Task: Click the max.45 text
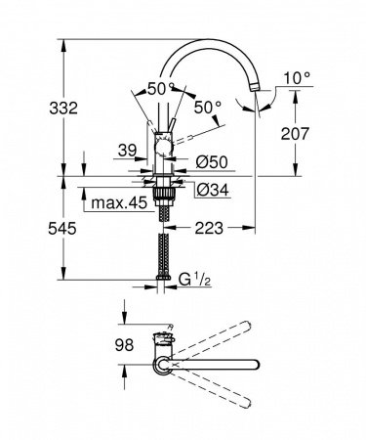coord(118,203)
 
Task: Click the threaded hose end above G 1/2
coord(163,280)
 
